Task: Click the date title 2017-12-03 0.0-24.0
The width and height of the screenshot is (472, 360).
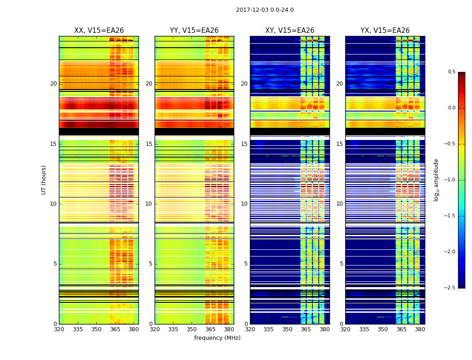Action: click(265, 10)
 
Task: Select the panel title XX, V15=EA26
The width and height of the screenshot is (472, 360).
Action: click(99, 31)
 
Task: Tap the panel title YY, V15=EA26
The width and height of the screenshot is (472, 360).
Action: click(194, 31)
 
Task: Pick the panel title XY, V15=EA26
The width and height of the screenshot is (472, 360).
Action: click(289, 31)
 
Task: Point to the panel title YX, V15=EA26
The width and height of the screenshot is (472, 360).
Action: click(385, 31)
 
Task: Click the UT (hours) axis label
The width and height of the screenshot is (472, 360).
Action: click(44, 180)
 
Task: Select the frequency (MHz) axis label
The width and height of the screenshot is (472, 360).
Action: click(217, 338)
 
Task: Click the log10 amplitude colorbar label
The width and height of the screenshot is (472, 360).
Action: click(436, 180)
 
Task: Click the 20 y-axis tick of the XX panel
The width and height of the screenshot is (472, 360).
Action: click(53, 84)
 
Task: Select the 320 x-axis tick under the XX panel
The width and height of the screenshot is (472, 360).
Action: click(59, 329)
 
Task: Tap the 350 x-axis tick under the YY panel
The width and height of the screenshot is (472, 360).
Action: click(191, 329)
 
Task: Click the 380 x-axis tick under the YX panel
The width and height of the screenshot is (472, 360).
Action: click(420, 329)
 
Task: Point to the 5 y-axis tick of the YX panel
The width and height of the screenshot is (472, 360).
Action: click(342, 264)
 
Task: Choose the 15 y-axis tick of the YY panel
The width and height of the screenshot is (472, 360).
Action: click(149, 144)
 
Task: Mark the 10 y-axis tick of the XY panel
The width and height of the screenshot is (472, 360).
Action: click(244, 204)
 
